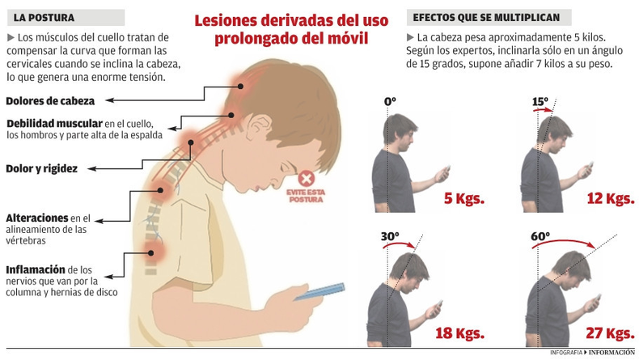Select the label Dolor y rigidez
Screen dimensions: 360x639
pyautogui.click(x=41, y=168)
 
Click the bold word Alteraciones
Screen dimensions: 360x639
pyautogui.click(x=36, y=218)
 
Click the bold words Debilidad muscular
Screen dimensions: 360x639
pyautogui.click(x=53, y=123)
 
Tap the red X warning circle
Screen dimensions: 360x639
pyautogui.click(x=306, y=179)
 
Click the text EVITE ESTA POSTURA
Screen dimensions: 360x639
pyautogui.click(x=305, y=196)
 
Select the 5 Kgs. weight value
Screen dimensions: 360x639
pyautogui.click(x=463, y=199)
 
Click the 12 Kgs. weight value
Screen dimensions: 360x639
pyautogui.click(x=608, y=199)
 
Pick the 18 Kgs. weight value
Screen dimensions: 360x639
pyautogui.click(x=459, y=332)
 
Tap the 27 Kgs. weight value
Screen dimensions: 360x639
pyautogui.click(x=608, y=332)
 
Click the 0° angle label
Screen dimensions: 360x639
pyautogui.click(x=390, y=102)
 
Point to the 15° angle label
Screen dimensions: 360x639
pyautogui.click(x=540, y=102)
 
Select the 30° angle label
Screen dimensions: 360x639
pyautogui.click(x=390, y=237)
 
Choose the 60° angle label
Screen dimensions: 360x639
pyautogui.click(x=540, y=237)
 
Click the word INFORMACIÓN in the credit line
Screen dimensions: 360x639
pyautogui.click(x=611, y=353)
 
